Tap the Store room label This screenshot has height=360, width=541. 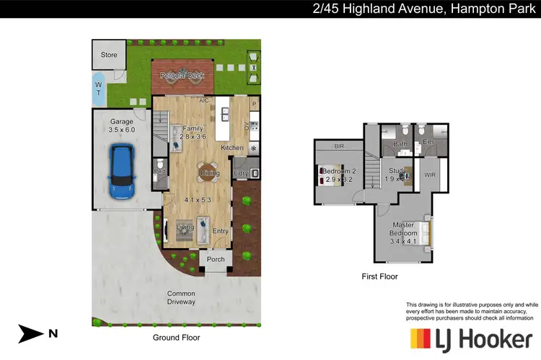[x=109, y=54]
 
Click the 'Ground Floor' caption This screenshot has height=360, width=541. [x=176, y=337]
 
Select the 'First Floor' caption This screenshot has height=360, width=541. [x=379, y=276]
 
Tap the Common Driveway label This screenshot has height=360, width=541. [x=181, y=297]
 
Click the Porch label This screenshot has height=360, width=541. [x=216, y=260]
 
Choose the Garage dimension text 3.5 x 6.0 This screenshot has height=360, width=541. [x=122, y=131]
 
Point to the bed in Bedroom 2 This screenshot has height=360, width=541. [x=328, y=175]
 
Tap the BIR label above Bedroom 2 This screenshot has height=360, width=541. [x=338, y=146]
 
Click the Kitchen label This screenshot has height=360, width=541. [x=232, y=147]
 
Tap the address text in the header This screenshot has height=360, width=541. [x=426, y=8]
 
